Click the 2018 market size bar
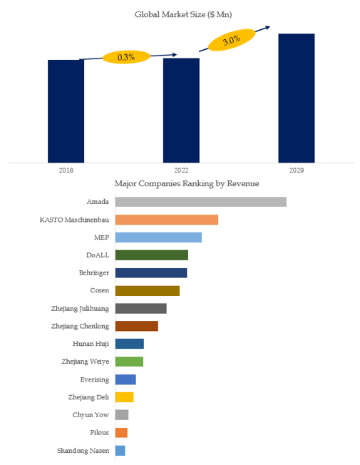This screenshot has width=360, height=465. (66, 111)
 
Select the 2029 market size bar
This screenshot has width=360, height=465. (297, 98)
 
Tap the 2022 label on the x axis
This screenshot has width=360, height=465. (181, 170)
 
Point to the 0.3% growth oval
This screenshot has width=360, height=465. (126, 57)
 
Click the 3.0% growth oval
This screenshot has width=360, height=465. (232, 40)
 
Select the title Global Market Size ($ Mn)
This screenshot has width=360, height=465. (183, 14)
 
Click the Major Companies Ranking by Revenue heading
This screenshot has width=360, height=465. (187, 183)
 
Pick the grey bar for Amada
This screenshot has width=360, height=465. (201, 202)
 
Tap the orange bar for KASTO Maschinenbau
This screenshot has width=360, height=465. (167, 220)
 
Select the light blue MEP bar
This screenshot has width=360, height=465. (158, 237)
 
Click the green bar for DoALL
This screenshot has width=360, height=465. (152, 255)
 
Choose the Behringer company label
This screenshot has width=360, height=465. (94, 273)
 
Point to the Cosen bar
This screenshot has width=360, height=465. (148, 291)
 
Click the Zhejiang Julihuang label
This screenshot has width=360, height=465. (80, 309)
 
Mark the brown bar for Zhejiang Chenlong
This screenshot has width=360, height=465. (137, 326)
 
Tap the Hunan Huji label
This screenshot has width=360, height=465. (91, 344)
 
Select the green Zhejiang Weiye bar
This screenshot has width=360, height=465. (129, 362)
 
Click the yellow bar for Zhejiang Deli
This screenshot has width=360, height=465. (125, 397)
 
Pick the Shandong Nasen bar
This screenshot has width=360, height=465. (120, 451)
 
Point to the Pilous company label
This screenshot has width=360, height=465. (99, 433)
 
